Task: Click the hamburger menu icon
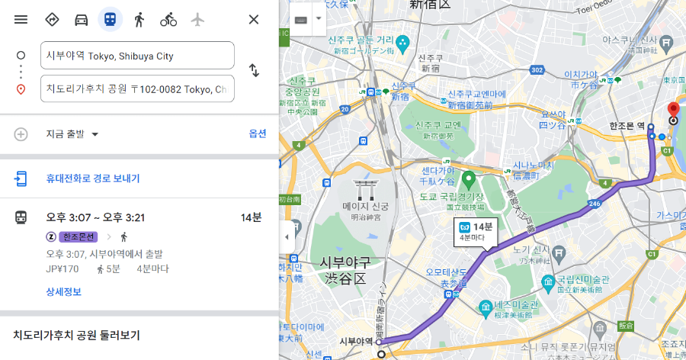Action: tap(21, 19)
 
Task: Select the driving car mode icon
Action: tap(82, 19)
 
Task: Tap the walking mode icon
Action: tap(139, 19)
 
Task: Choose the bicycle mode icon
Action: tap(168, 19)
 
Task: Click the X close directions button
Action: tap(254, 19)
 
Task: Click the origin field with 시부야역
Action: tap(137, 56)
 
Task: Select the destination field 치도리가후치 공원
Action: tap(137, 89)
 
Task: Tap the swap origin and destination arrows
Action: tap(254, 71)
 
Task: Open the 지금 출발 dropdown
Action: tap(73, 134)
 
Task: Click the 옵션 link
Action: tap(258, 133)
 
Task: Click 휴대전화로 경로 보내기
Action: tap(93, 178)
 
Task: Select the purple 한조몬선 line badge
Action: tap(79, 236)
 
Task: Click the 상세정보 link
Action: tap(63, 291)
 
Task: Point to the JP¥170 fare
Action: tap(63, 268)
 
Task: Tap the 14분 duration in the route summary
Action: tap(251, 218)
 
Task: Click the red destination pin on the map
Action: tap(673, 110)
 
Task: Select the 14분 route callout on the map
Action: tap(476, 231)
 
